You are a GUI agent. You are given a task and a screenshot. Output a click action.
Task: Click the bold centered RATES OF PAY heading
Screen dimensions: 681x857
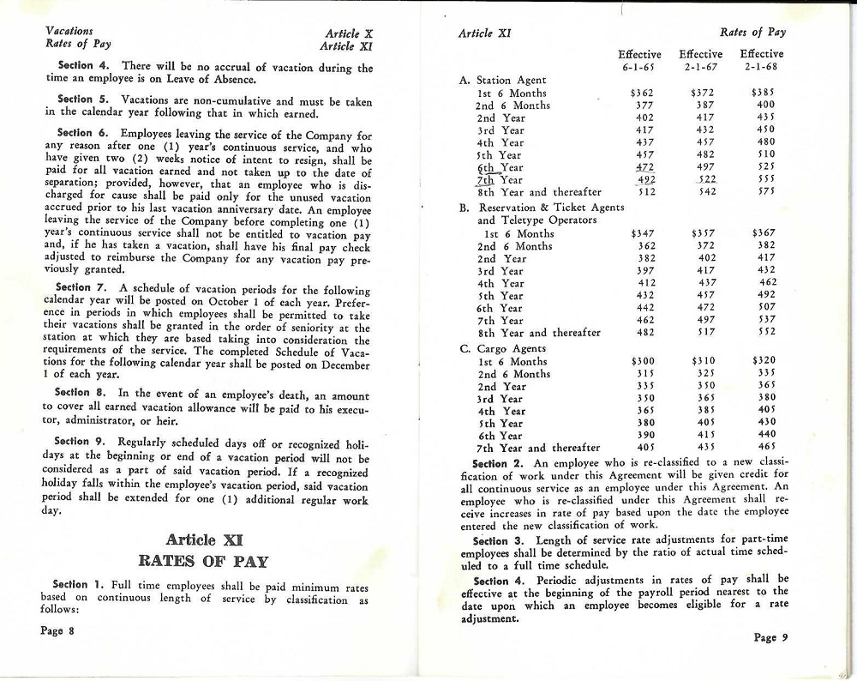[x=203, y=562]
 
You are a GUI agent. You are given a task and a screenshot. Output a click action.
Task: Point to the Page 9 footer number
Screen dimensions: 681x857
[x=771, y=637]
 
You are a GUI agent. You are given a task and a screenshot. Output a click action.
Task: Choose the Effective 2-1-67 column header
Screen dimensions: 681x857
[x=700, y=60]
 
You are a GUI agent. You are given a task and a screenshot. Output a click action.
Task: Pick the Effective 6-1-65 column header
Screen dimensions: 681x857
[x=639, y=60]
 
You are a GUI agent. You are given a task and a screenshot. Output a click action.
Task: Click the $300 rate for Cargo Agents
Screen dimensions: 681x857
[x=643, y=362]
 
